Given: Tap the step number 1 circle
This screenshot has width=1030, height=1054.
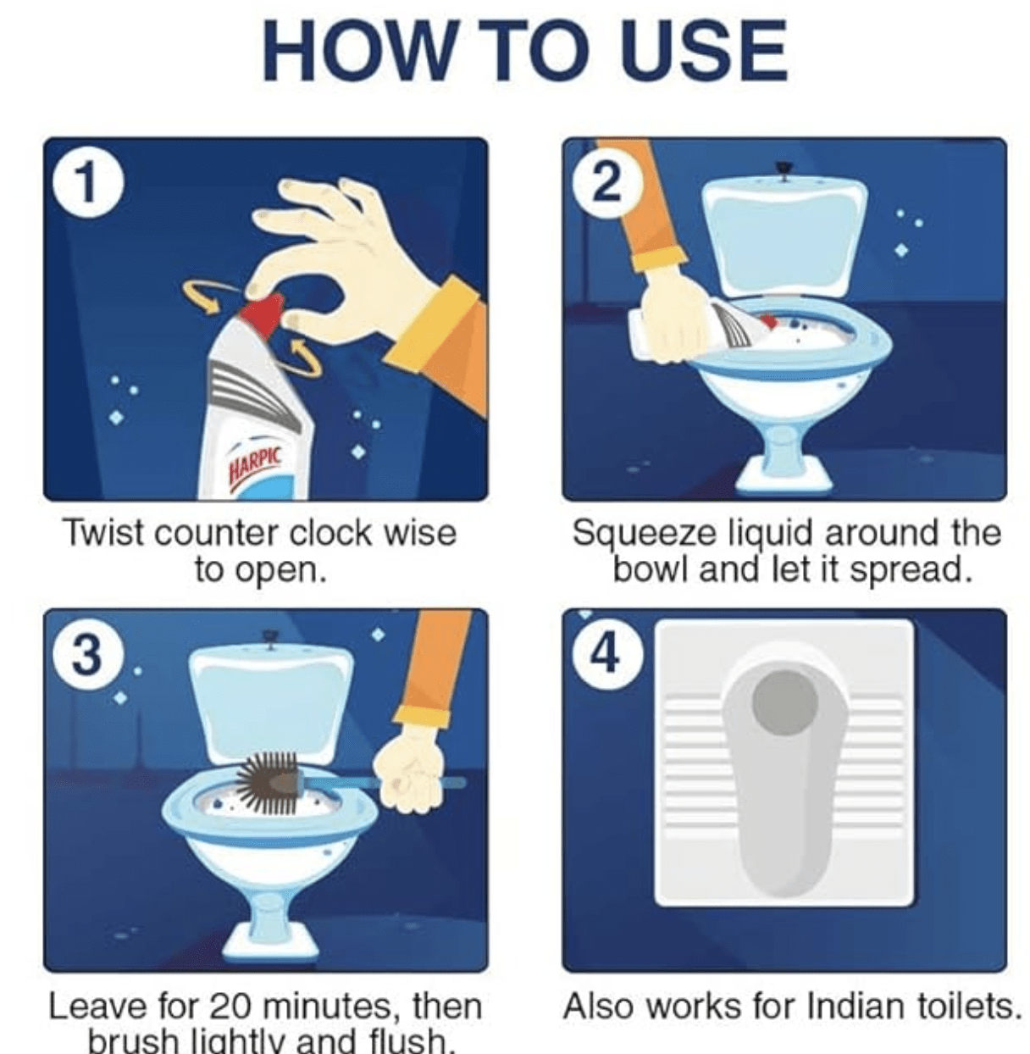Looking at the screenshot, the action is [88, 183].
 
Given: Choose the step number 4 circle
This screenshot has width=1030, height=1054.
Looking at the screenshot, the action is [606, 654].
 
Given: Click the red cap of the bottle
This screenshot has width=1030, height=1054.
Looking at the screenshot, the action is [263, 315].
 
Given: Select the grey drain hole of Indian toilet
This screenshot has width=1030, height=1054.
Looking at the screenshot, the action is [784, 703].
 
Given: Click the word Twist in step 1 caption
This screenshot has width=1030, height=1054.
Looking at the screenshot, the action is [102, 534].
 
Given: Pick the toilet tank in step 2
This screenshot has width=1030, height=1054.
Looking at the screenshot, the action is [784, 238].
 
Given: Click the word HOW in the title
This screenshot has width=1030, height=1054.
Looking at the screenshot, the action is [356, 50].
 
